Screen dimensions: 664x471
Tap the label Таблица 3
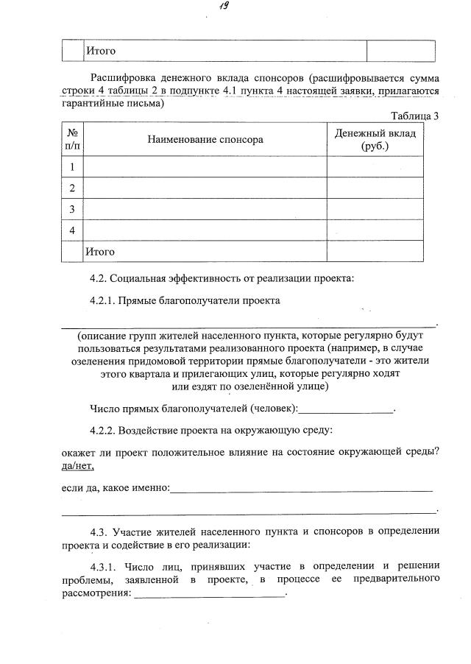[x=415, y=116]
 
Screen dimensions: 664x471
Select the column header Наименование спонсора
[x=205, y=139]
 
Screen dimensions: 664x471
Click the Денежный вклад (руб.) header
[x=375, y=139]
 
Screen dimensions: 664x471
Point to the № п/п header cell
[x=72, y=139]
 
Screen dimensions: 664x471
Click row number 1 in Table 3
[x=72, y=167]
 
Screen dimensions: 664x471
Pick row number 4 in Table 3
[x=72, y=230]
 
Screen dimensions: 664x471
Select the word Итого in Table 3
[x=101, y=252]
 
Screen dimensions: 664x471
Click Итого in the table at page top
[x=101, y=51]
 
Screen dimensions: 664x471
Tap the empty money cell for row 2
[x=375, y=188]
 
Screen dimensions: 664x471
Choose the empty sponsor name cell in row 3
[x=205, y=209]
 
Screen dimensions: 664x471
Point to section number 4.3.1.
[x=104, y=566]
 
